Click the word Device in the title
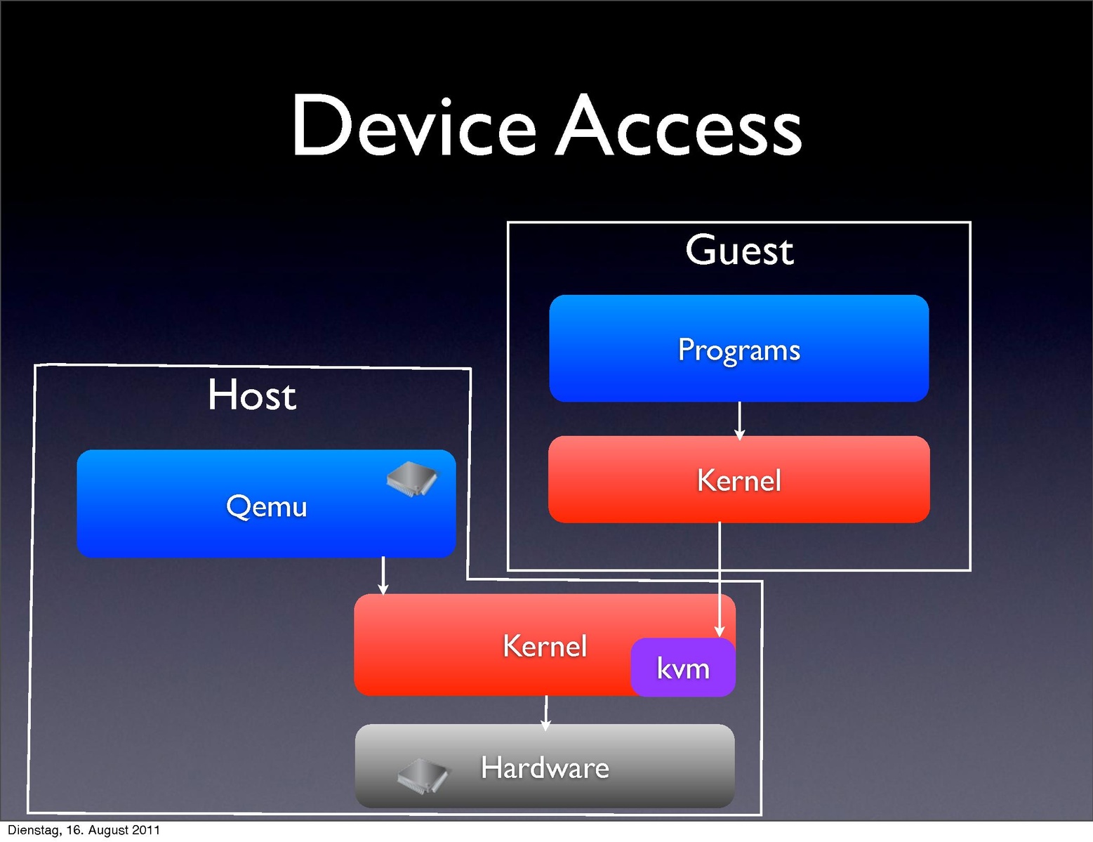click(414, 126)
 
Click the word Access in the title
click(679, 126)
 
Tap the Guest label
click(739, 251)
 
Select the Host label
click(252, 395)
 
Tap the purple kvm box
click(683, 668)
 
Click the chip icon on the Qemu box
click(412, 480)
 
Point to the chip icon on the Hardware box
click(423, 775)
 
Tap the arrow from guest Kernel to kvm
click(720, 579)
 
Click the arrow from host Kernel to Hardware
click(546, 712)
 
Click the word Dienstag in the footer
click(34, 830)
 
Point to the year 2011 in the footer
click(146, 830)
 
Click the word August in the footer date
click(107, 830)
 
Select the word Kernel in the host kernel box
click(545, 646)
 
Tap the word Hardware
click(545, 768)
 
